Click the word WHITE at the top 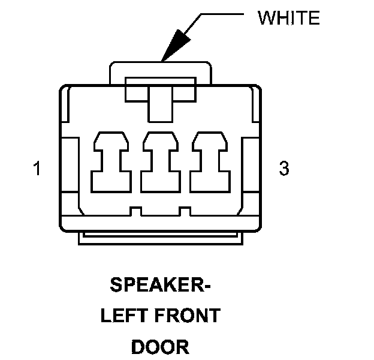[288, 18]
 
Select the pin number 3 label [284, 169]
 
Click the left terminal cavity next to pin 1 [111, 161]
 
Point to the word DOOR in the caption [160, 347]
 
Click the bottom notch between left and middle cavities [136, 211]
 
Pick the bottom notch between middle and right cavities [185, 211]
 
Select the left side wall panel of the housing [68, 166]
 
